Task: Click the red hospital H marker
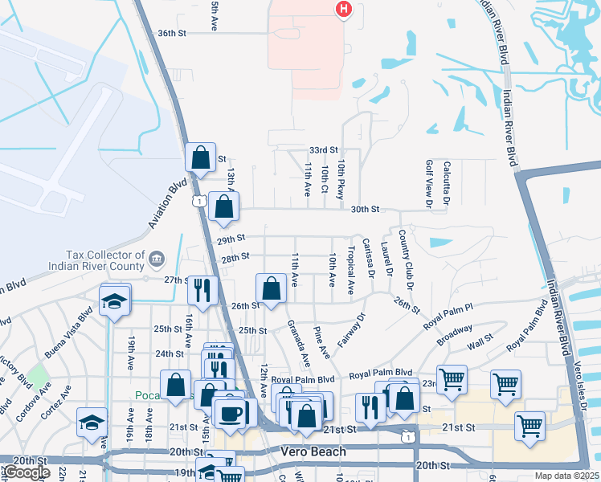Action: coord(343,9)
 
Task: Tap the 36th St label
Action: coord(172,34)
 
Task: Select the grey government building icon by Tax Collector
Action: coord(156,257)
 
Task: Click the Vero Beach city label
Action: coord(313,451)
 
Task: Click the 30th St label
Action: coord(364,210)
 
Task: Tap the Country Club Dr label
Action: coord(407,267)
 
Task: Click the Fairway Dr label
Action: coord(351,330)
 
